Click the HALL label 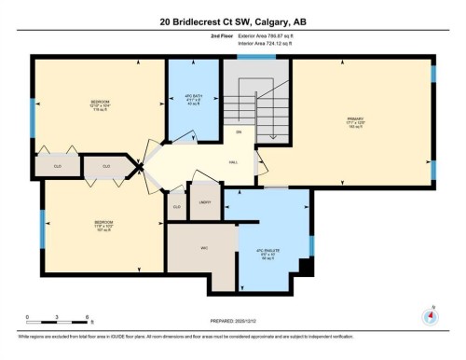pos(232,161)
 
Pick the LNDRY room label pos(205,201)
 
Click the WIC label pos(202,248)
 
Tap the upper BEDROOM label pos(100,103)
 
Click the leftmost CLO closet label pos(57,167)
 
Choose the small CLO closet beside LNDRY pos(176,206)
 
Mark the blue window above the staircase pos(255,58)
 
